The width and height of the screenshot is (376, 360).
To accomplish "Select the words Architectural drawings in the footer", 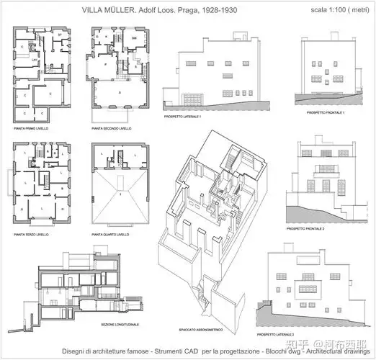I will tap(344, 351).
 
